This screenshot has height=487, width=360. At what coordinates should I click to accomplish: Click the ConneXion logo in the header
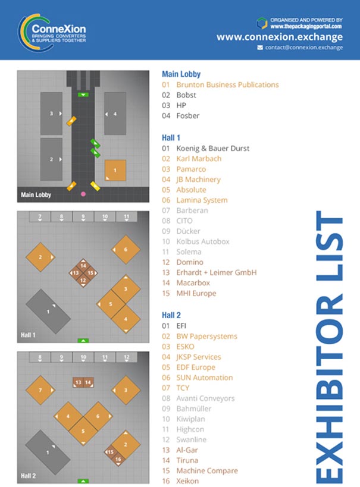(x=52, y=32)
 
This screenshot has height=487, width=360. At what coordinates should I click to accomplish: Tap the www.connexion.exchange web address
(x=280, y=37)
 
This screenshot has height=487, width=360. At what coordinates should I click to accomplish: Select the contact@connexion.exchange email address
(x=303, y=48)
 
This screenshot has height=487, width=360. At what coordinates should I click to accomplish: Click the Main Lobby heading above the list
(x=181, y=74)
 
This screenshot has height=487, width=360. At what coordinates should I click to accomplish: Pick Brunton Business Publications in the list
(x=227, y=84)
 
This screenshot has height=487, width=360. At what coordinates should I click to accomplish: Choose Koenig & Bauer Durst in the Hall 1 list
(x=212, y=149)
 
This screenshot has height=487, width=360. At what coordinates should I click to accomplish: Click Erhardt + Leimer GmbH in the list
(x=217, y=272)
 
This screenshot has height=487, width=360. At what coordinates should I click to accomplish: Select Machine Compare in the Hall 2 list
(x=207, y=470)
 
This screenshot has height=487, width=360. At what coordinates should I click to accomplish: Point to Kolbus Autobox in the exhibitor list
(x=203, y=241)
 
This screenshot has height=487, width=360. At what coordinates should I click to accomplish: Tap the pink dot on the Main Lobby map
(x=83, y=194)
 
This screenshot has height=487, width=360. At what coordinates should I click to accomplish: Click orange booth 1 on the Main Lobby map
(x=115, y=170)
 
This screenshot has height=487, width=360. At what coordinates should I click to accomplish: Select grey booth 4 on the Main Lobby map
(x=115, y=114)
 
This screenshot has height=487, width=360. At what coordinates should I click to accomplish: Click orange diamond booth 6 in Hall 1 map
(x=126, y=249)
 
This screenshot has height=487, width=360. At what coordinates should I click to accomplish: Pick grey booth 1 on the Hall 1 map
(x=48, y=312)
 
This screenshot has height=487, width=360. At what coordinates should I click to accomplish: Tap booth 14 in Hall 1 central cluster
(x=83, y=266)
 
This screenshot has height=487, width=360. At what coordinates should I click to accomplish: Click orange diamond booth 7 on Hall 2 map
(x=40, y=390)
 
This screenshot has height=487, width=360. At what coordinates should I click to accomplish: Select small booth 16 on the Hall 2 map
(x=118, y=460)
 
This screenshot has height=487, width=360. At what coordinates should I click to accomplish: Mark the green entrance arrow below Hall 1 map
(x=83, y=341)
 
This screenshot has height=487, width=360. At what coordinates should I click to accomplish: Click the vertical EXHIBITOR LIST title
(x=330, y=347)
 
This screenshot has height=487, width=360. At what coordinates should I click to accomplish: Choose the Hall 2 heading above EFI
(x=171, y=315)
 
